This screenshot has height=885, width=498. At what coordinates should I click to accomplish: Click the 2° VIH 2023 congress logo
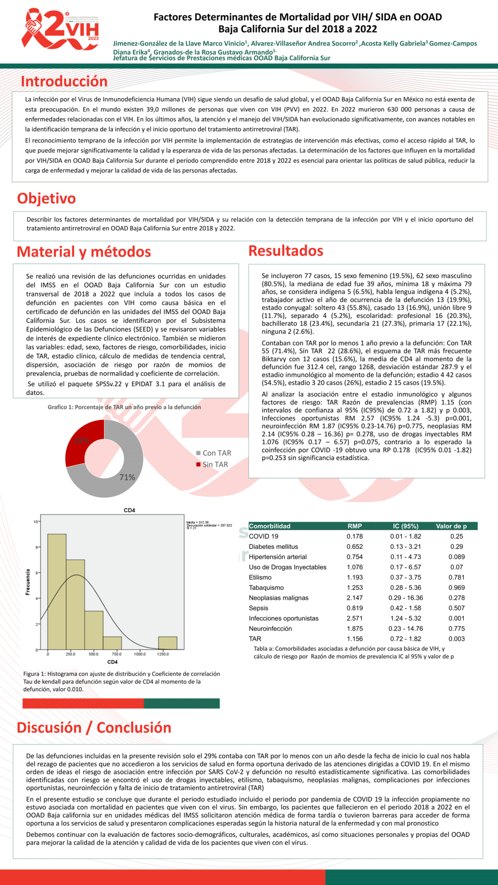point(60,30)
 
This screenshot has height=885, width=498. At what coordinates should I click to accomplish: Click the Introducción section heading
point(64,81)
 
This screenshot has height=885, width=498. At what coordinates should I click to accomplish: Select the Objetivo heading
point(46,199)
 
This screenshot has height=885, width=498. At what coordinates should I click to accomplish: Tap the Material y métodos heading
point(84,252)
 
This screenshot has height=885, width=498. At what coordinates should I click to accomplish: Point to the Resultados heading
point(286,251)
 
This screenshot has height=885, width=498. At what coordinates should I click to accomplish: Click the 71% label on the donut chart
point(127,477)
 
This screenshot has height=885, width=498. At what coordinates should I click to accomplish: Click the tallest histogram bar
point(57,591)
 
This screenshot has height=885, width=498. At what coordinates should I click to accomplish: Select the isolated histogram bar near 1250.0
point(168,643)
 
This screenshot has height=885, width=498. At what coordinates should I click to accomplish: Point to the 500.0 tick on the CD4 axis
point(93,654)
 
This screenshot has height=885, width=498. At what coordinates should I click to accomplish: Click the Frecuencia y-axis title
point(28,582)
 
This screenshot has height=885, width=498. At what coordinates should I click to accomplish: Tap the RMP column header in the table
point(355,526)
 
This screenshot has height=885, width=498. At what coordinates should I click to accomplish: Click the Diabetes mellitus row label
point(273,546)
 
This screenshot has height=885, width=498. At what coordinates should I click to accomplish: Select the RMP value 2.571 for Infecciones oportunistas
point(355,619)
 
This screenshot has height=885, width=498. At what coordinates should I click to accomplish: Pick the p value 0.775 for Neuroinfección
point(457,629)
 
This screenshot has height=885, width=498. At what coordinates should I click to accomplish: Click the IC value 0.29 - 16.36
point(406,598)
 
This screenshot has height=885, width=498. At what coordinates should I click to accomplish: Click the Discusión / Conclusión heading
point(94,728)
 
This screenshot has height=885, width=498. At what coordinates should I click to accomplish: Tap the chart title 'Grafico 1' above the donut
point(125,408)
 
